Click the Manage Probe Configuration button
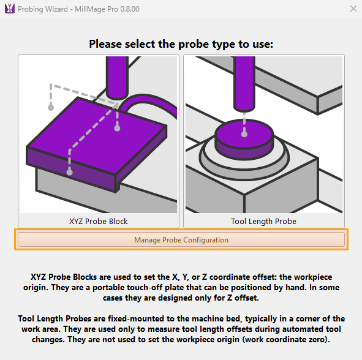(x=181, y=239)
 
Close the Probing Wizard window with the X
(x=353, y=9)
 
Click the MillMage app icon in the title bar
(x=9, y=9)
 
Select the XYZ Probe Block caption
(x=99, y=221)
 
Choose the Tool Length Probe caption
(x=263, y=221)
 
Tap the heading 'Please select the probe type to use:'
(x=181, y=44)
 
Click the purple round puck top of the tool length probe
(x=244, y=133)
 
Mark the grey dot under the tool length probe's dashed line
(x=244, y=134)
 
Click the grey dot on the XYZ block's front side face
(x=69, y=172)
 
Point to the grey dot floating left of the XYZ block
(x=51, y=107)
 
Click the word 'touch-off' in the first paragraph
(x=149, y=288)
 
